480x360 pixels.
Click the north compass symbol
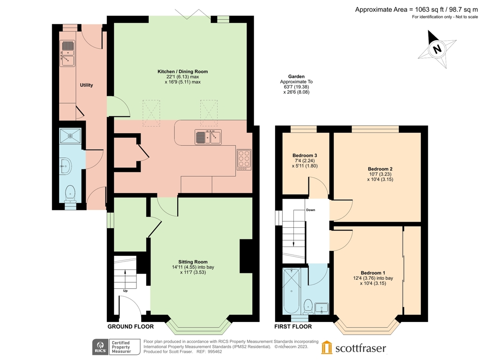[x=437, y=49]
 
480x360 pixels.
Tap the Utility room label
[x=86, y=85]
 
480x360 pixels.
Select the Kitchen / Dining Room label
[x=182, y=76]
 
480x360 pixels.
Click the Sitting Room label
[x=193, y=267]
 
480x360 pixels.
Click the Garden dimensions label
[x=296, y=84]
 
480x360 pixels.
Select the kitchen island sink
[x=208, y=137]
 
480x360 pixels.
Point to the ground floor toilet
[x=70, y=192]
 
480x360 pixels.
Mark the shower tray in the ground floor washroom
[x=70, y=136]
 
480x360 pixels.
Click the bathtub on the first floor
[x=292, y=289]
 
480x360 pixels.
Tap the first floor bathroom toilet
[x=308, y=306]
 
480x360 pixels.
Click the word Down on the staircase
[x=310, y=210]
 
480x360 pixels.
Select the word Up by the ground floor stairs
[x=125, y=291]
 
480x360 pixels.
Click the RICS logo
[x=99, y=347]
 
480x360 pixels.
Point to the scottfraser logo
[x=354, y=348]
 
